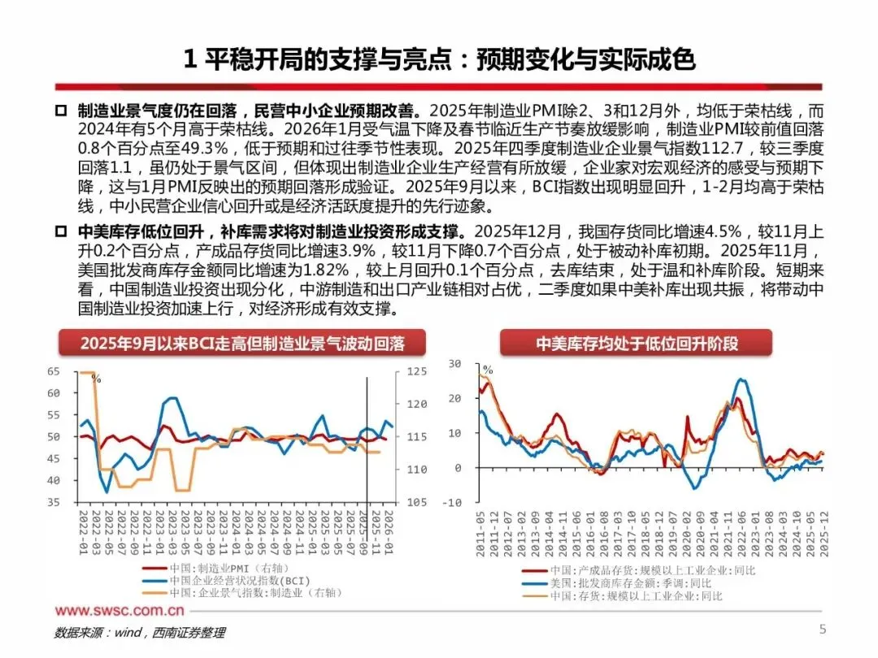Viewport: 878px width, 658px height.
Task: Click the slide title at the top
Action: click(x=440, y=59)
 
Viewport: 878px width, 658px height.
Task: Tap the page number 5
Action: click(x=822, y=630)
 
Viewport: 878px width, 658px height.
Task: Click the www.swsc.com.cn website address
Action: click(x=120, y=611)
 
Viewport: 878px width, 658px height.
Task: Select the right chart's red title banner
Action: click(x=636, y=344)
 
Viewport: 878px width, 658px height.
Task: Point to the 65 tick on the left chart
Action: click(x=54, y=371)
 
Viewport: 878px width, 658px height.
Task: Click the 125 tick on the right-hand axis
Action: click(x=416, y=371)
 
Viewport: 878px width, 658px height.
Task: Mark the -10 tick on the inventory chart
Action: click(x=452, y=503)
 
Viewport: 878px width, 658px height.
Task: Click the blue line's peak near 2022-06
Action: click(x=741, y=379)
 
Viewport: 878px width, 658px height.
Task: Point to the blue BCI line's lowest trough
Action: click(x=106, y=492)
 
